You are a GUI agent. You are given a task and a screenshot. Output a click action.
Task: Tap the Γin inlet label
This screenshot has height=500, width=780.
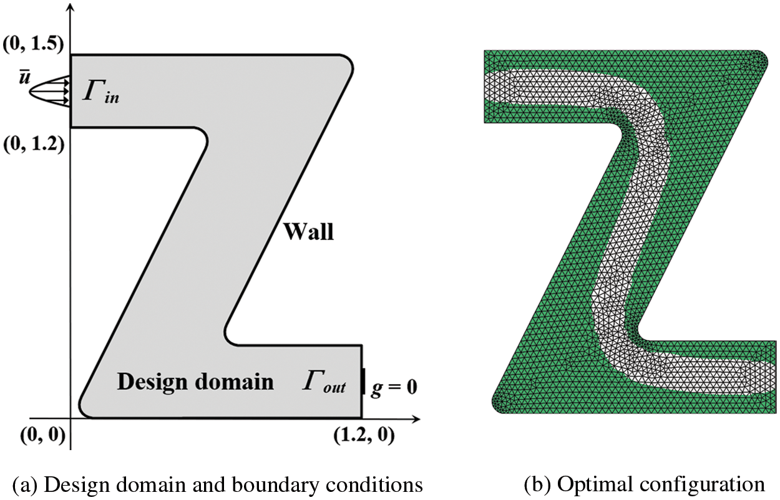click(x=104, y=94)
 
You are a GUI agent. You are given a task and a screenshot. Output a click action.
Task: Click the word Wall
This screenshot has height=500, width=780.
click(x=309, y=233)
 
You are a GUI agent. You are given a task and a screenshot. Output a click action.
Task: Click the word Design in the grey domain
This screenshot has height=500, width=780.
click(x=152, y=381)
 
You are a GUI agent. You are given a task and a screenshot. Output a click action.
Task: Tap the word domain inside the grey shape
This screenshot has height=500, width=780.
click(x=238, y=381)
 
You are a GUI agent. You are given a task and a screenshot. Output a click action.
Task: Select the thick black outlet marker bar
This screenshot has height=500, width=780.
click(x=363, y=382)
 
